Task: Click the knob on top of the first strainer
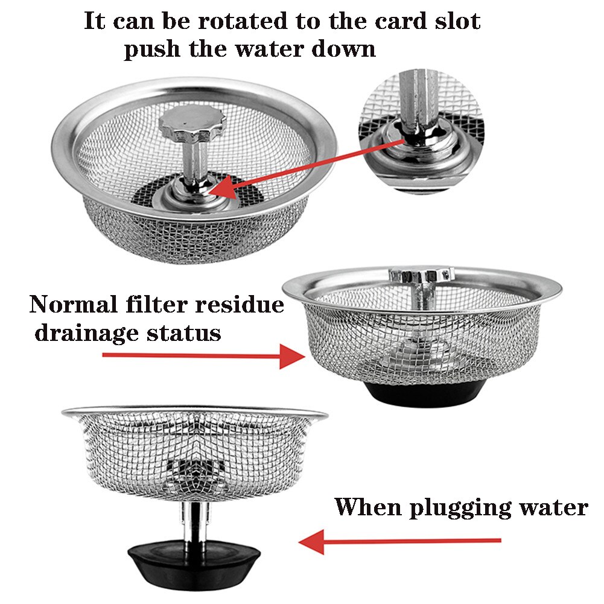pos(192,122)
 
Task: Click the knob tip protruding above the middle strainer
pos(421,276)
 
